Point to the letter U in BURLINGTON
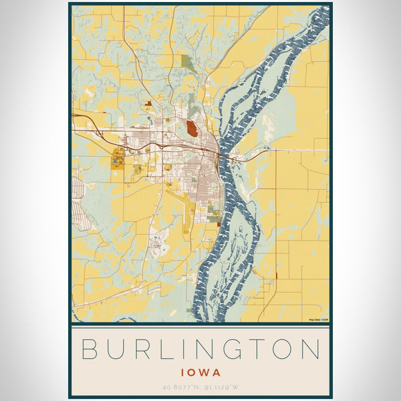tap(116, 350)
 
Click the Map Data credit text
tap(318, 320)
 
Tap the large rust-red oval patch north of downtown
tap(192, 128)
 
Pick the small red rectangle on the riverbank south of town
tap(218, 225)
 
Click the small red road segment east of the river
tap(276, 275)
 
